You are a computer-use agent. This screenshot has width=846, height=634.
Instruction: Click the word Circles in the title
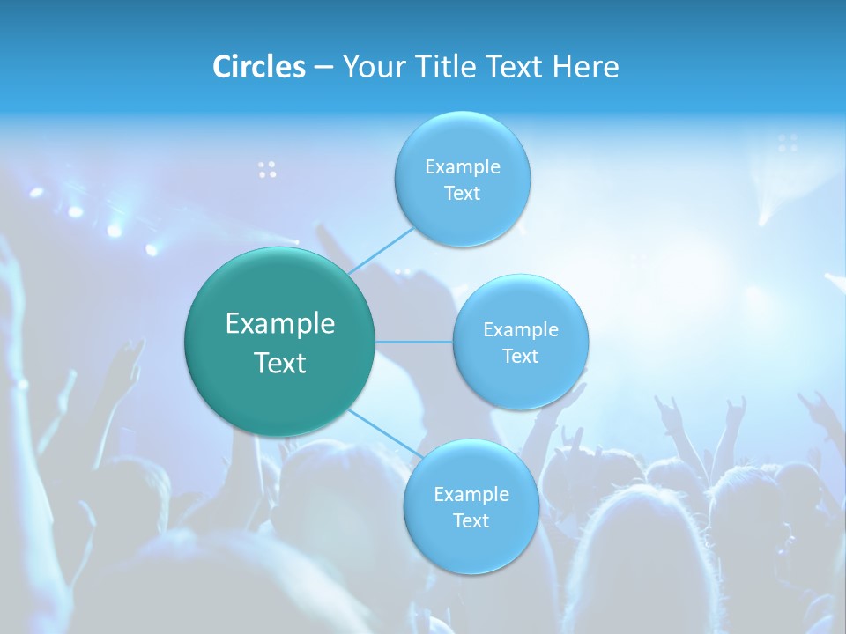click(x=258, y=67)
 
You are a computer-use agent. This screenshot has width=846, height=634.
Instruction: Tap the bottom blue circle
click(x=471, y=546)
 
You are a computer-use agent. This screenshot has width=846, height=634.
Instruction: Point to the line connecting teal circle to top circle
click(x=381, y=251)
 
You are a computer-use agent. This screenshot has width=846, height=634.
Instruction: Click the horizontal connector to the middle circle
click(x=414, y=342)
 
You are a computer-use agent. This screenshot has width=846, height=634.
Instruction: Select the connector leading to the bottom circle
click(x=386, y=432)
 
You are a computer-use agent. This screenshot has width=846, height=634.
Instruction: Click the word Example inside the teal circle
click(x=280, y=324)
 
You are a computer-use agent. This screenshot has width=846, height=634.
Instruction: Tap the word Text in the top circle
click(x=462, y=194)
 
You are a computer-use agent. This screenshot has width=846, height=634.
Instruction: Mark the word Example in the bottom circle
click(x=471, y=495)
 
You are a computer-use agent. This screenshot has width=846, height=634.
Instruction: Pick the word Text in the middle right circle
click(x=520, y=356)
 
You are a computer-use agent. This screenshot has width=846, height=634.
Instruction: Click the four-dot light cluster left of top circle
click(x=267, y=170)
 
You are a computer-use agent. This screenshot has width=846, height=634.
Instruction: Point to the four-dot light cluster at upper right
click(x=788, y=143)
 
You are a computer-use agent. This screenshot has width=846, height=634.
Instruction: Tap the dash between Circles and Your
click(x=323, y=68)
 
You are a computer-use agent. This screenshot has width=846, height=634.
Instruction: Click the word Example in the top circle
click(x=462, y=167)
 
